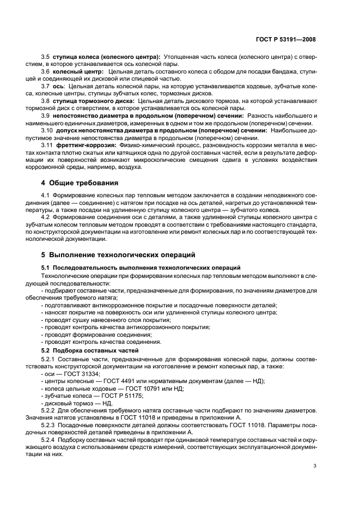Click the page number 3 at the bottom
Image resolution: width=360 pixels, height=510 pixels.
coord(314,465)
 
